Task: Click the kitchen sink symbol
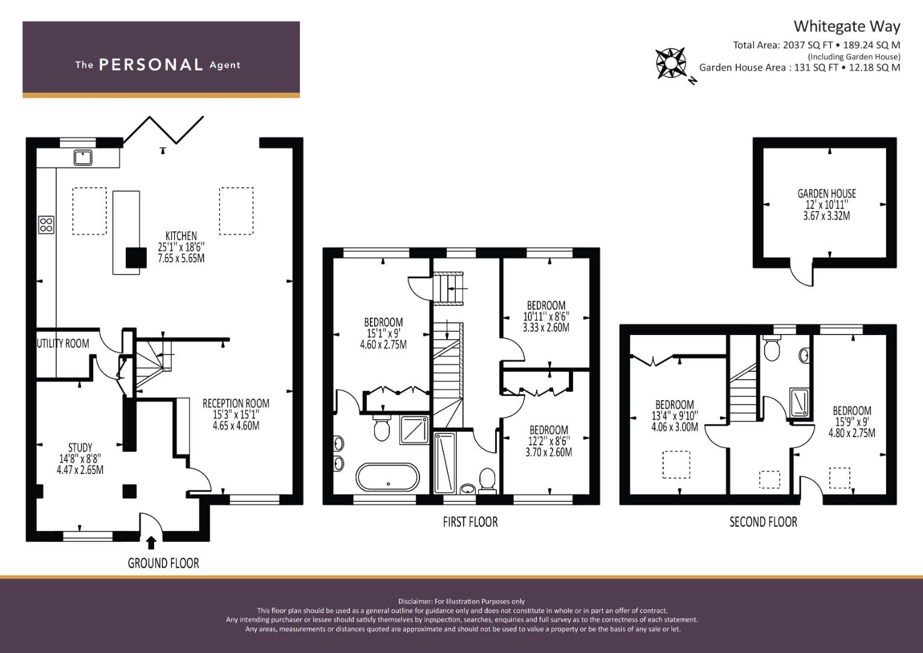(83, 157)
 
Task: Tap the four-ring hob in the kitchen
(47, 225)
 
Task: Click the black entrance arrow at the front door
(151, 542)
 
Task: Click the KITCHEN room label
(181, 236)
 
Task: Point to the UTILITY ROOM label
(63, 343)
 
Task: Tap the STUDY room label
(80, 448)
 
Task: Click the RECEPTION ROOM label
(236, 403)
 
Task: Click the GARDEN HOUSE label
(826, 193)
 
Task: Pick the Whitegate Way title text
(846, 27)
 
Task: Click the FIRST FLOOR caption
(470, 522)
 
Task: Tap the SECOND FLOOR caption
(763, 522)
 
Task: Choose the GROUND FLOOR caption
(163, 564)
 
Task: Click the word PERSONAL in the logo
(151, 65)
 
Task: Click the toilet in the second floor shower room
(771, 349)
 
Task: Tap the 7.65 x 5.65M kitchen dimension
(181, 258)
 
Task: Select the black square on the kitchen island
(136, 258)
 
